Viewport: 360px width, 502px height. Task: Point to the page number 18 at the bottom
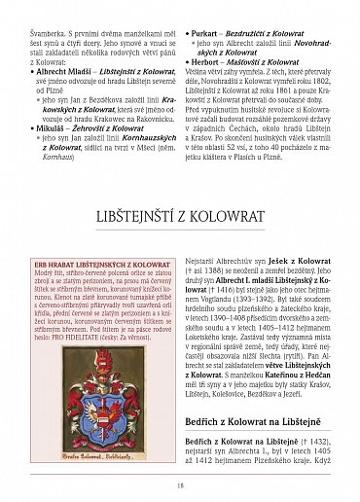tap(180, 486)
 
